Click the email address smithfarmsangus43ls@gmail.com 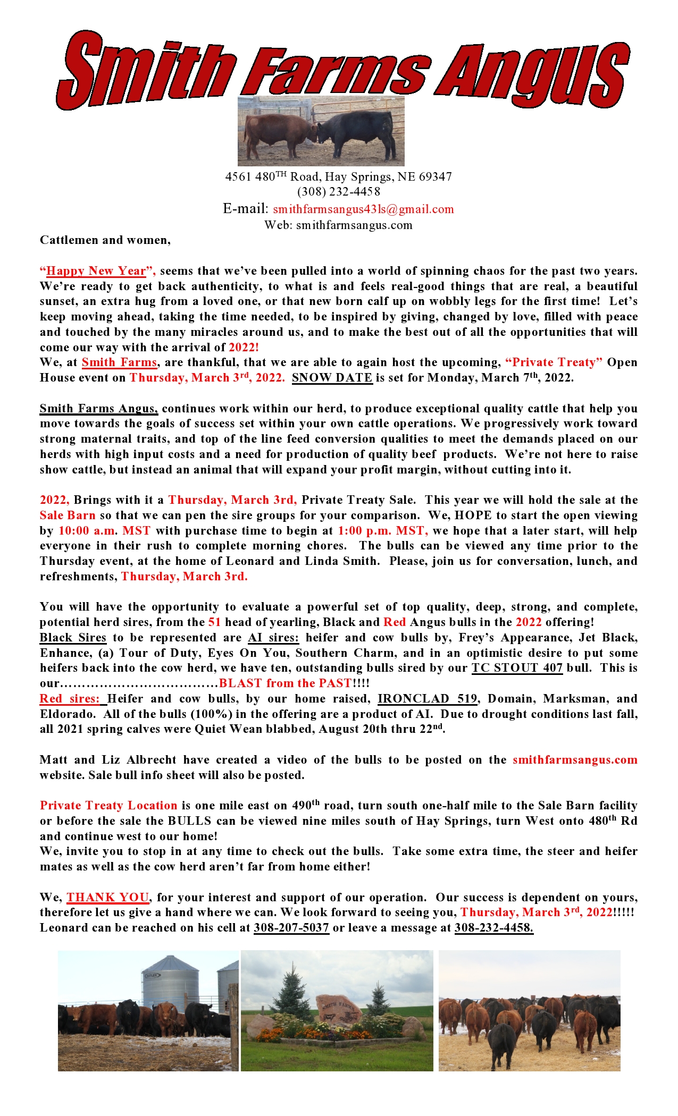(363, 209)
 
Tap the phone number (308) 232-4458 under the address (339, 192)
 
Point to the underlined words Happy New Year (96, 271)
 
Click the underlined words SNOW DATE (332, 378)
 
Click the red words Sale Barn (68, 515)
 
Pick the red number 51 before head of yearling (214, 622)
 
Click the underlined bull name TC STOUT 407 (516, 668)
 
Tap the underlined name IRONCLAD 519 (427, 699)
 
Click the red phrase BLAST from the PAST (286, 683)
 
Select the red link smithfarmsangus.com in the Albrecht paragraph (575, 760)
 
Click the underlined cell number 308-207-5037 (291, 928)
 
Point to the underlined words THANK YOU (107, 898)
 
